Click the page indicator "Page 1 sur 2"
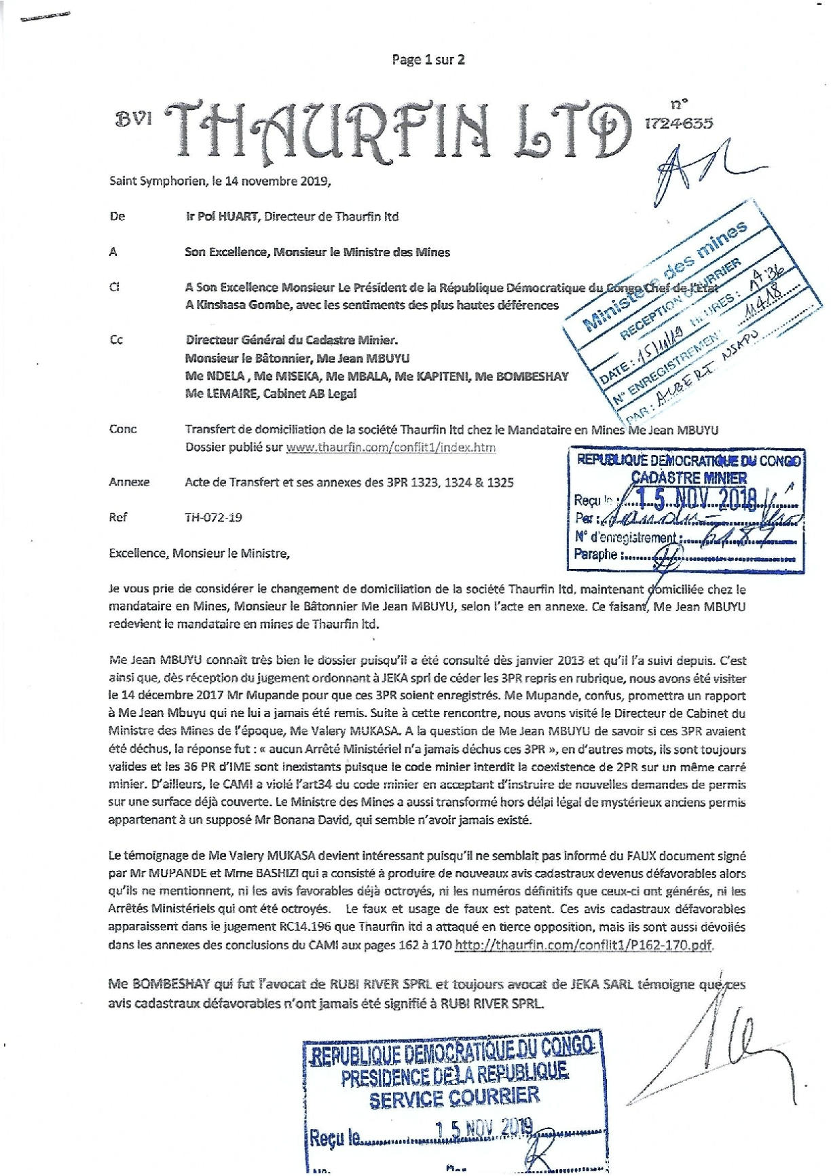point(428,60)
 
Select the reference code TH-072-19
point(213,517)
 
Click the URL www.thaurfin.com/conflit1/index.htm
point(391,447)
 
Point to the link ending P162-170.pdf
point(585,945)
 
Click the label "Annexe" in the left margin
point(129,482)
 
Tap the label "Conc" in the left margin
point(123,429)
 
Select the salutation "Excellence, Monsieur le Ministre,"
point(200,553)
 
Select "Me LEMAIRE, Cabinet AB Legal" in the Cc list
point(271,394)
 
